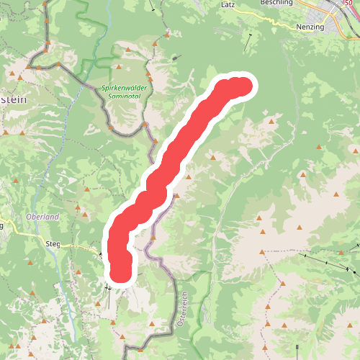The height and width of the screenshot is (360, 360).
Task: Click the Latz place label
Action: (x=228, y=4)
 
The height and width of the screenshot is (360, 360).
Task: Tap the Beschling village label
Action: (x=276, y=4)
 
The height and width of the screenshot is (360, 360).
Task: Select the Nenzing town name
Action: (x=311, y=27)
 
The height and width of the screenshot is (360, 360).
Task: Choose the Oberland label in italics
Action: (x=42, y=217)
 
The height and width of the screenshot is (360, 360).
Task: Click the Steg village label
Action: (x=53, y=244)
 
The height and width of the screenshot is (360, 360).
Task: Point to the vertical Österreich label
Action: (x=185, y=310)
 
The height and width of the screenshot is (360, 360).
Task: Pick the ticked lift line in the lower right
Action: (x=328, y=262)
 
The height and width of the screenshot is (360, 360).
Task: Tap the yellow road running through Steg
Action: (x=79, y=246)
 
